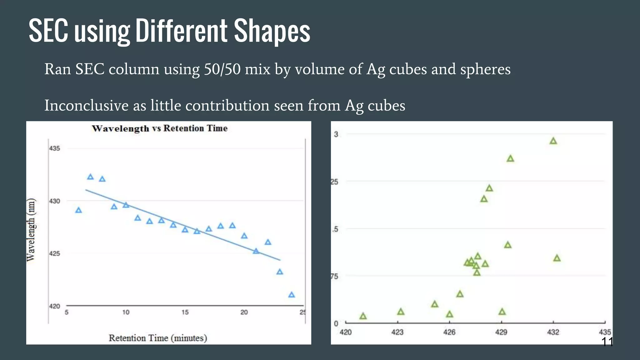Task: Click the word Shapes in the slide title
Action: (272, 31)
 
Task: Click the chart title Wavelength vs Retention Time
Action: (159, 128)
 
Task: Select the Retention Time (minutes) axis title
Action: (158, 338)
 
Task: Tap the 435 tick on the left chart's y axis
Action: (54, 148)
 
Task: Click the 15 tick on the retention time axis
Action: (185, 312)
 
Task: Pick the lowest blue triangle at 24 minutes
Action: (292, 295)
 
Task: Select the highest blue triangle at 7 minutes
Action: (90, 177)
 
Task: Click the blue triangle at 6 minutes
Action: (78, 210)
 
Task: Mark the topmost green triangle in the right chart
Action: (553, 141)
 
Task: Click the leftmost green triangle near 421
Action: (363, 316)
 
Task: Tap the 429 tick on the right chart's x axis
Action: (501, 332)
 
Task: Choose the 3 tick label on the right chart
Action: (336, 134)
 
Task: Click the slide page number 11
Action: (607, 342)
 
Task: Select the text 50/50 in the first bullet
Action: (222, 69)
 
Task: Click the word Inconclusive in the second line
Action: (86, 105)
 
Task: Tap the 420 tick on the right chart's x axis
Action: (346, 332)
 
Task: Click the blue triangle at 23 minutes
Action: (280, 272)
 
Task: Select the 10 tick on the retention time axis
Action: (126, 312)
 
